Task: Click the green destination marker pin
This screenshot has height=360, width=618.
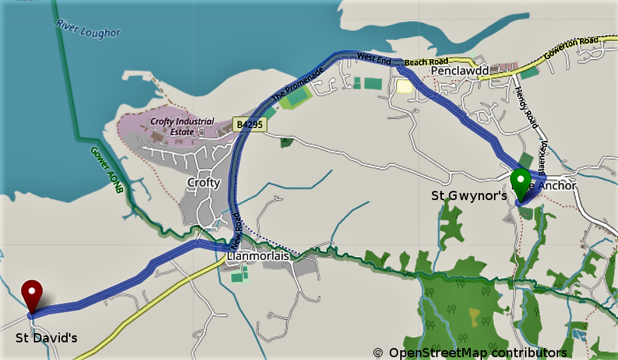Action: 521,182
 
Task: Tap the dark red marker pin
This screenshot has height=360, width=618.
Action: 31,294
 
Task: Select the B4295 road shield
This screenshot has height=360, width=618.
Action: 251,125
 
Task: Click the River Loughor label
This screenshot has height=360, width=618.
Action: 87,27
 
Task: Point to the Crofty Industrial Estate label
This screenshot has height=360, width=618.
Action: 182,125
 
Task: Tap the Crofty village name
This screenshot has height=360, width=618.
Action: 203,182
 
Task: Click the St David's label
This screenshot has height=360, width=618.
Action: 47,338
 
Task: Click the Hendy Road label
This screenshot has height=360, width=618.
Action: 526,105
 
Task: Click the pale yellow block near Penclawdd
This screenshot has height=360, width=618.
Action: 404,86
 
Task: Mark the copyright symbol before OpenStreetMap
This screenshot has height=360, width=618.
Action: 378,352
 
